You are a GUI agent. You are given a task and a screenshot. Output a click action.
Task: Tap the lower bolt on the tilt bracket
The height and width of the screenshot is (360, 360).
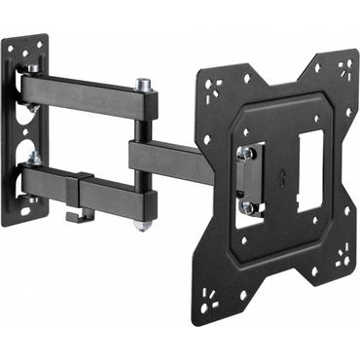(x=247, y=206)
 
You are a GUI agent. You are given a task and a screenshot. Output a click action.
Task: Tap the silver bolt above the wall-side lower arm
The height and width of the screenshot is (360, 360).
(x=33, y=156)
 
